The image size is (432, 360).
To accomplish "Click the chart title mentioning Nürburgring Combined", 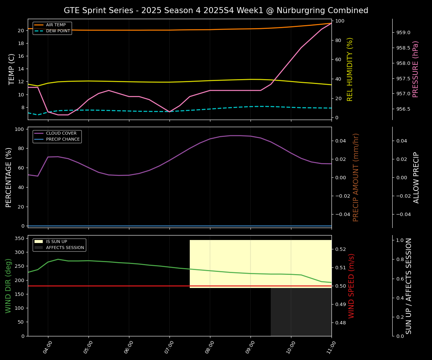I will pos(216,10).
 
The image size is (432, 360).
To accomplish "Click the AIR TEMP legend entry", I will pos(56,25).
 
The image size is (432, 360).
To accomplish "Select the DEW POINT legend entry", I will pos(58,31).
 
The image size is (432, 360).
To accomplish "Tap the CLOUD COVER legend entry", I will pos(61,133).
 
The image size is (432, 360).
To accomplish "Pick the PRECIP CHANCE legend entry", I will pos(63,139).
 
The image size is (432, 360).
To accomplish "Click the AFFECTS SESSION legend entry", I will pos(65,248).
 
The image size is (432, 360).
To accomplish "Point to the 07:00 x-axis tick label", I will pos(169,345).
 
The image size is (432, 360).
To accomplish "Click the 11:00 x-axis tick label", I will pos(331,345).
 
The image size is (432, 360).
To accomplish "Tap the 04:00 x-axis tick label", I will pos(47,345).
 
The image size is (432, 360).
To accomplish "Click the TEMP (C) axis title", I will pos(12,69).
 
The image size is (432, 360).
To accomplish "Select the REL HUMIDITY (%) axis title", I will pos(350,69).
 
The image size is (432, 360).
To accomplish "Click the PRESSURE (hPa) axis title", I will pos(415,69).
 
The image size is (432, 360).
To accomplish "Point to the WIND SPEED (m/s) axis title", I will pos(351,286).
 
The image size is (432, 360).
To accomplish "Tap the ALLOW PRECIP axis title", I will pos(416,177).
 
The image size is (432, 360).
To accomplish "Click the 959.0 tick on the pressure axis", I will pos(403,33).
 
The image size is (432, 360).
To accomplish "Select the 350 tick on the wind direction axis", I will pos(21,238).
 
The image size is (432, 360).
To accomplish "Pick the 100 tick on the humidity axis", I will pos(340,21).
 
